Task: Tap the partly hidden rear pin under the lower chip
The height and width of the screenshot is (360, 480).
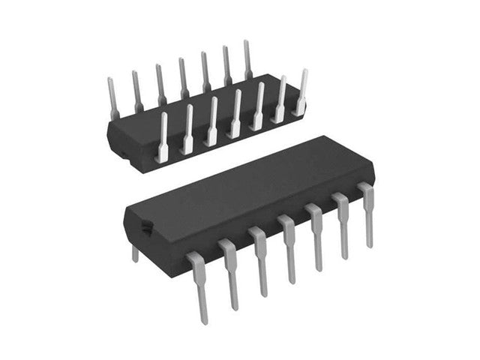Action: (135, 253)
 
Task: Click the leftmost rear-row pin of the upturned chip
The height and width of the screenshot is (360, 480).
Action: (112, 97)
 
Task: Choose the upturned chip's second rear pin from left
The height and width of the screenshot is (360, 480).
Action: (137, 90)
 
